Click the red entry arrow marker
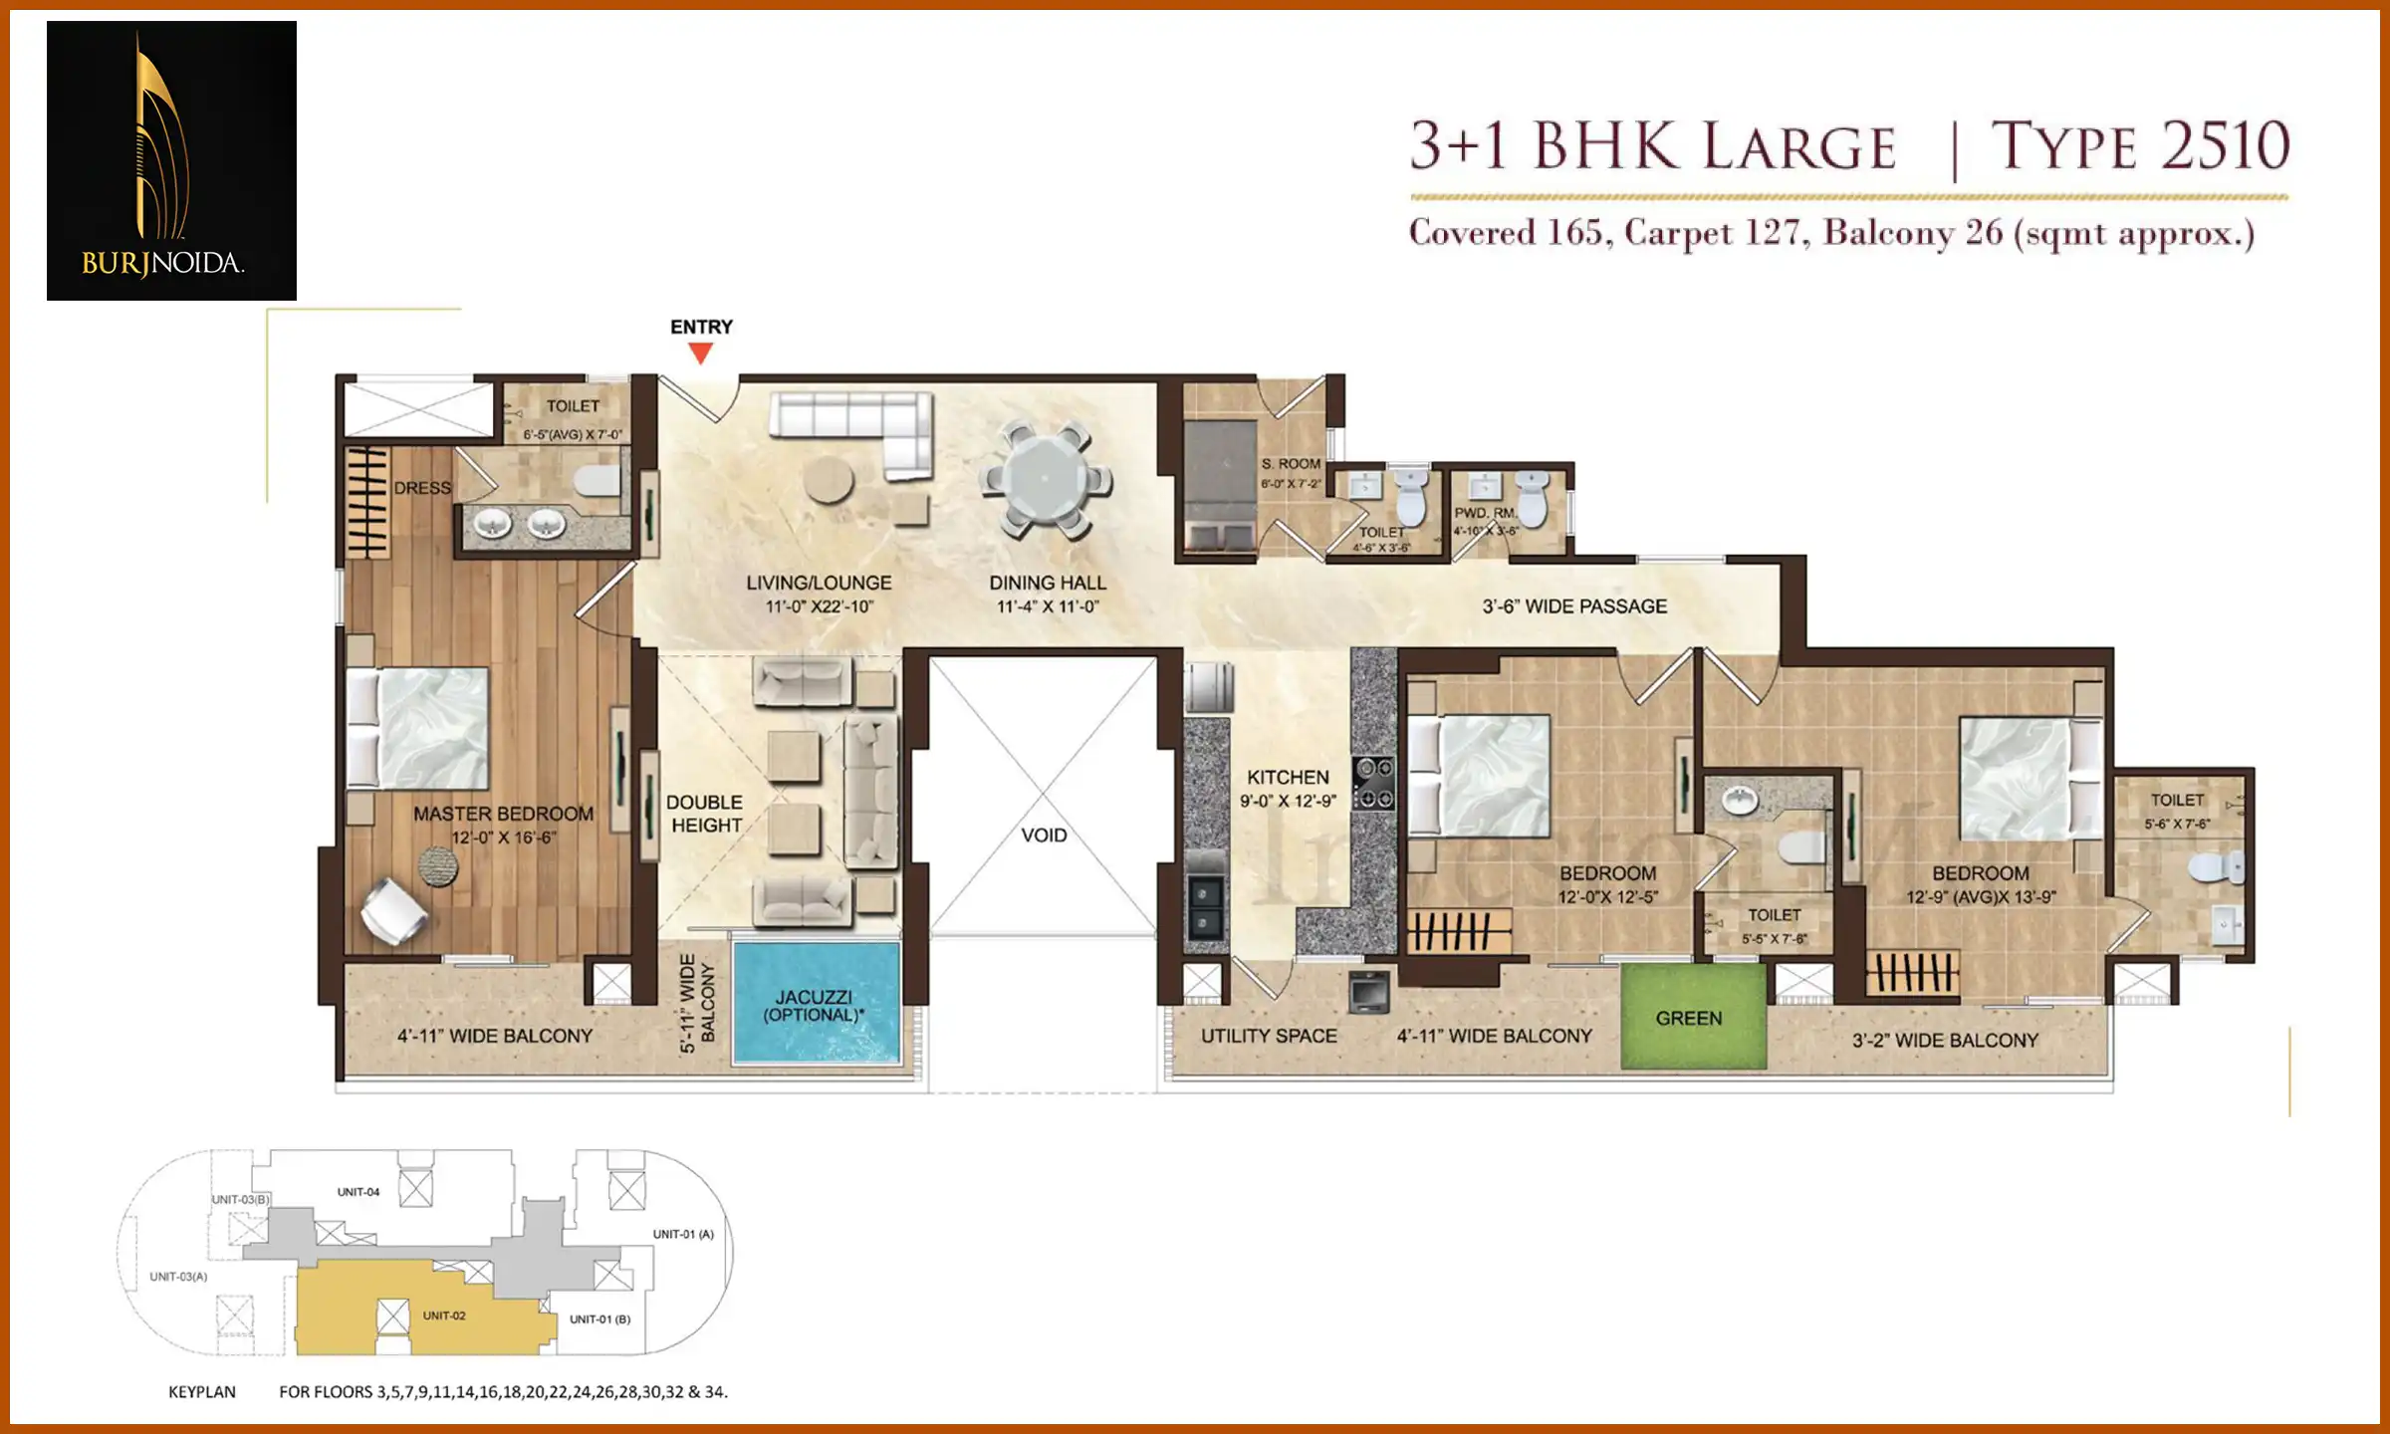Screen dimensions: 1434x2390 pos(701,353)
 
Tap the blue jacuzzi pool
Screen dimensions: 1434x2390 pos(816,1004)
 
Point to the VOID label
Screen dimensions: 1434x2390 pos(1044,836)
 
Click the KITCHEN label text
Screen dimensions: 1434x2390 pos(1288,778)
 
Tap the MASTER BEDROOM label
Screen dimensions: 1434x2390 pos(503,814)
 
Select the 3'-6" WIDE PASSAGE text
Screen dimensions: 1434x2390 pos(1573,605)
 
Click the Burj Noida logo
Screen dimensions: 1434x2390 pos(171,160)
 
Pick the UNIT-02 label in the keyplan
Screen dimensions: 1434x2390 pos(444,1315)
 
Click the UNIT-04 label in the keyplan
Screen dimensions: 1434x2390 pos(358,1192)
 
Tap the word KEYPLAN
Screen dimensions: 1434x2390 pos(202,1392)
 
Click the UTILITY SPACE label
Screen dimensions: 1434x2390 pos(1269,1036)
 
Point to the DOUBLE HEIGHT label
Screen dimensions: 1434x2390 pos(705,814)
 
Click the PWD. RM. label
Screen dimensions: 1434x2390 pos(1484,513)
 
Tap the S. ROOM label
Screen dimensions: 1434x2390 pos(1291,464)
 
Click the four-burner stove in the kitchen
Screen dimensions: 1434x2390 pos(1374,783)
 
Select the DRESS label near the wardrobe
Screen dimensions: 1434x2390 pos(422,488)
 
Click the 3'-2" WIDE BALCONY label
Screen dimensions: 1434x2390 pos(1944,1041)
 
